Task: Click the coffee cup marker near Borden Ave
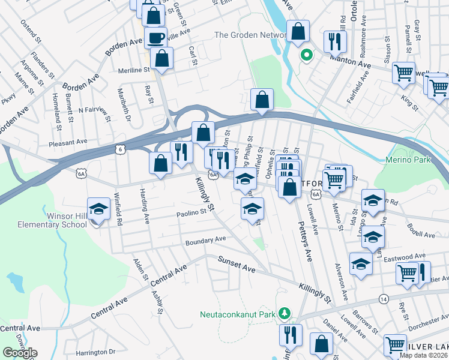point(156,38)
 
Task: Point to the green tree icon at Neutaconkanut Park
point(286,314)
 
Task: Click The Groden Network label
point(250,35)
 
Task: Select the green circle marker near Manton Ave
point(306,56)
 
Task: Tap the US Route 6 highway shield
point(121,148)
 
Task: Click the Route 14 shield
point(383,298)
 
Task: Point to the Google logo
point(20,353)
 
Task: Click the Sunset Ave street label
point(237,265)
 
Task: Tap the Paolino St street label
point(191,213)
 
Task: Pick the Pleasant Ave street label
point(69,142)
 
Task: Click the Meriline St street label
point(133,70)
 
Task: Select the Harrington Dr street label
point(95,352)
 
